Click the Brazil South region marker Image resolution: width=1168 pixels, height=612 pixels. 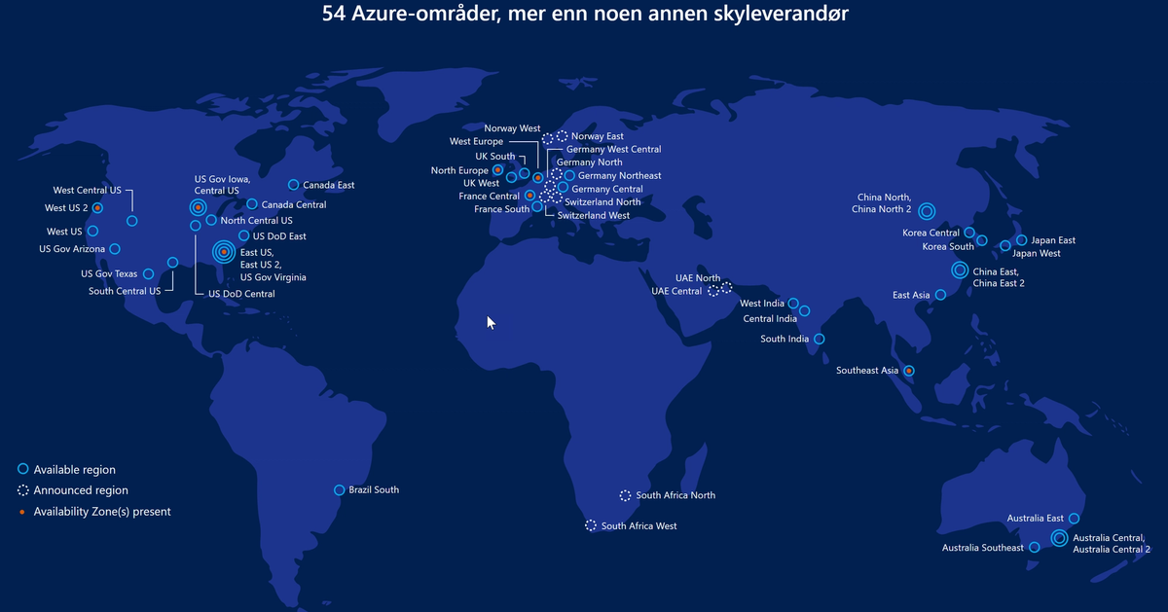coord(339,490)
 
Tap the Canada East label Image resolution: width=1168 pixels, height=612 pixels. coord(328,185)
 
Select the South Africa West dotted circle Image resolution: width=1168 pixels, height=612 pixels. coord(591,525)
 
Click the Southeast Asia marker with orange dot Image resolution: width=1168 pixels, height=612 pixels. coord(908,371)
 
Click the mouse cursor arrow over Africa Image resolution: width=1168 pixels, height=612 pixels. coord(491,321)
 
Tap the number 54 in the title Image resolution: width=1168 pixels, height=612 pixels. coord(333,16)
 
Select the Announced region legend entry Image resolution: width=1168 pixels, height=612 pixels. coord(81,490)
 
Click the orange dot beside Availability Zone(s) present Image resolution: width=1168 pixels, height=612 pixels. coord(23,511)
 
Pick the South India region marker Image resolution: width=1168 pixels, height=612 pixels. coord(819,340)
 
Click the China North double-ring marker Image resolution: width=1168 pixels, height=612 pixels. coord(926,210)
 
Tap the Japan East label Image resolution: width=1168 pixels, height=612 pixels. coord(1053,240)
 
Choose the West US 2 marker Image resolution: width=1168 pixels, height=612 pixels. coord(97,208)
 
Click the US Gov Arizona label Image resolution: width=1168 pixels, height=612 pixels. coord(72,249)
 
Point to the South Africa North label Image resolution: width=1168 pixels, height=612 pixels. coord(675,495)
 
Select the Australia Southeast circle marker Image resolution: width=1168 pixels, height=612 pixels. coord(1034,548)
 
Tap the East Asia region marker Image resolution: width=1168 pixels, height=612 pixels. coord(940,295)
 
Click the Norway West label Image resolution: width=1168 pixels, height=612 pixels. coord(512,128)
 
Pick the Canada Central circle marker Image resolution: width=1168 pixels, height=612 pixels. coord(251,204)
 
